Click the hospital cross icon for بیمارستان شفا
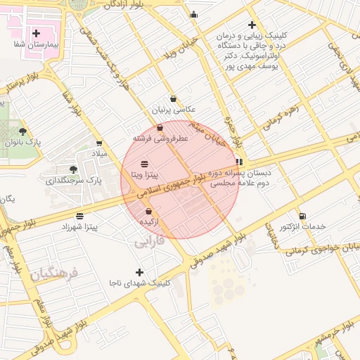coord(36,33)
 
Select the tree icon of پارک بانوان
coord(23,131)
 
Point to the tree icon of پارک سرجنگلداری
coord(74,169)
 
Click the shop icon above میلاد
coord(99,143)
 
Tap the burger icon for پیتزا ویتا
coord(145,163)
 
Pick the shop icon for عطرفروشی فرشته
coord(160,128)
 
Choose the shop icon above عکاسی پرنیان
coord(173,99)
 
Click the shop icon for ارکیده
coord(148,211)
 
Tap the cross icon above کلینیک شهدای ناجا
coord(139,272)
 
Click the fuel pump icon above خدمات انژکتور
coord(302,216)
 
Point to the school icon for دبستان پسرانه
coord(240,161)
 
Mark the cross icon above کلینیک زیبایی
coord(252,25)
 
